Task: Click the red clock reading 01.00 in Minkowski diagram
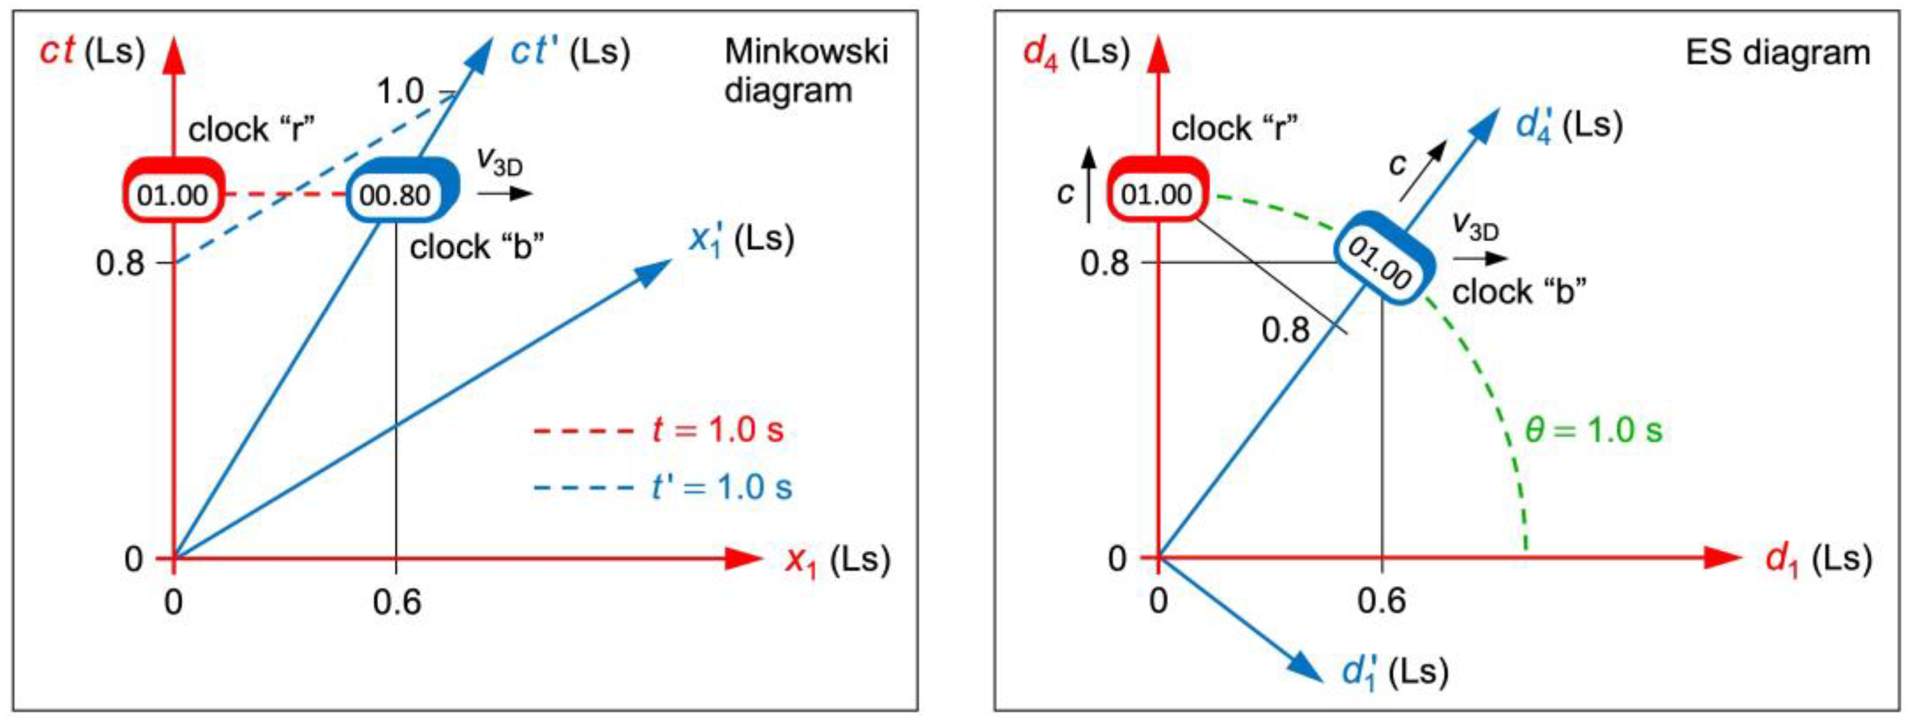(x=173, y=194)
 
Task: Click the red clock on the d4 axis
(x=1157, y=194)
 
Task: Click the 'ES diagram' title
(x=1777, y=53)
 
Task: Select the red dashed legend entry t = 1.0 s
(x=658, y=430)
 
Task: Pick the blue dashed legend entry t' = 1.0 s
(x=663, y=487)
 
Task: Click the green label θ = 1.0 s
(x=1593, y=430)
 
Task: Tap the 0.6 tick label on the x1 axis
(x=397, y=601)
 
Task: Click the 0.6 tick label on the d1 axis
(x=1381, y=600)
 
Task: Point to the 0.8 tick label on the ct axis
(x=120, y=263)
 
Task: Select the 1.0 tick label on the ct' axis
(x=401, y=92)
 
